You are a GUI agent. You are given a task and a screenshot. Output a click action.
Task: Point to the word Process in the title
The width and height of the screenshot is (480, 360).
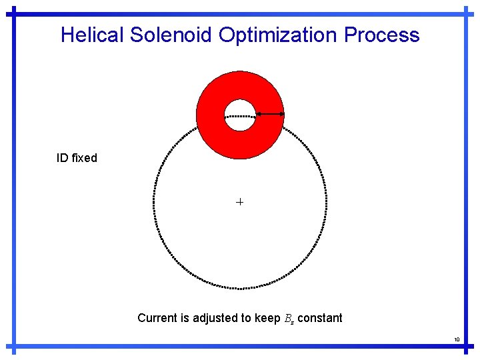pyautogui.click(x=382, y=35)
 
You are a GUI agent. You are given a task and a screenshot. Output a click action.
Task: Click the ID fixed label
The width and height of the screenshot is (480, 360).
pyautogui.click(x=77, y=158)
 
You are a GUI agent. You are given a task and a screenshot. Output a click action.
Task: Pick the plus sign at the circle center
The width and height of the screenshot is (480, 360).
pyautogui.click(x=240, y=201)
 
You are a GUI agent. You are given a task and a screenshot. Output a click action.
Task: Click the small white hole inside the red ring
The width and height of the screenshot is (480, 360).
pyautogui.click(x=240, y=115)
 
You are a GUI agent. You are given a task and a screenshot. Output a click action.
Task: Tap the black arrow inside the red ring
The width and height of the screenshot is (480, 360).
pyautogui.click(x=270, y=115)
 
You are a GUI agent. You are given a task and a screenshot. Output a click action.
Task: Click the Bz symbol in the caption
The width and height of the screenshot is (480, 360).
pyautogui.click(x=288, y=319)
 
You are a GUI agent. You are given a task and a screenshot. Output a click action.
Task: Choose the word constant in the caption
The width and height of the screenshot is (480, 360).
pyautogui.click(x=320, y=318)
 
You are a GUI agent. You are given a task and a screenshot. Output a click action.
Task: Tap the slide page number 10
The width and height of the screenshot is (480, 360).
pyautogui.click(x=457, y=340)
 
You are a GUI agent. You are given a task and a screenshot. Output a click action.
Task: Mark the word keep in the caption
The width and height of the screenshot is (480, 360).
pyautogui.click(x=267, y=319)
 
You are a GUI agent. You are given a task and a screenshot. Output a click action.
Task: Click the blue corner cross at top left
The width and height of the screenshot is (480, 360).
pyautogui.click(x=15, y=13)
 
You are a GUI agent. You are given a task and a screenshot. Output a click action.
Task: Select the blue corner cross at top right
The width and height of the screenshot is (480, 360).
pyautogui.click(x=465, y=13)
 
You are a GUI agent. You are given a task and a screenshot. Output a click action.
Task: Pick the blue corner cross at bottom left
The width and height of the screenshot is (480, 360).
pyautogui.click(x=15, y=347)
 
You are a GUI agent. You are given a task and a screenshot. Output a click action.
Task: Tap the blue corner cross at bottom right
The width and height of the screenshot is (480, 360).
pyautogui.click(x=465, y=347)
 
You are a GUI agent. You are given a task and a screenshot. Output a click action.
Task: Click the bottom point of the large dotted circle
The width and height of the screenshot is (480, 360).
pyautogui.click(x=240, y=288)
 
